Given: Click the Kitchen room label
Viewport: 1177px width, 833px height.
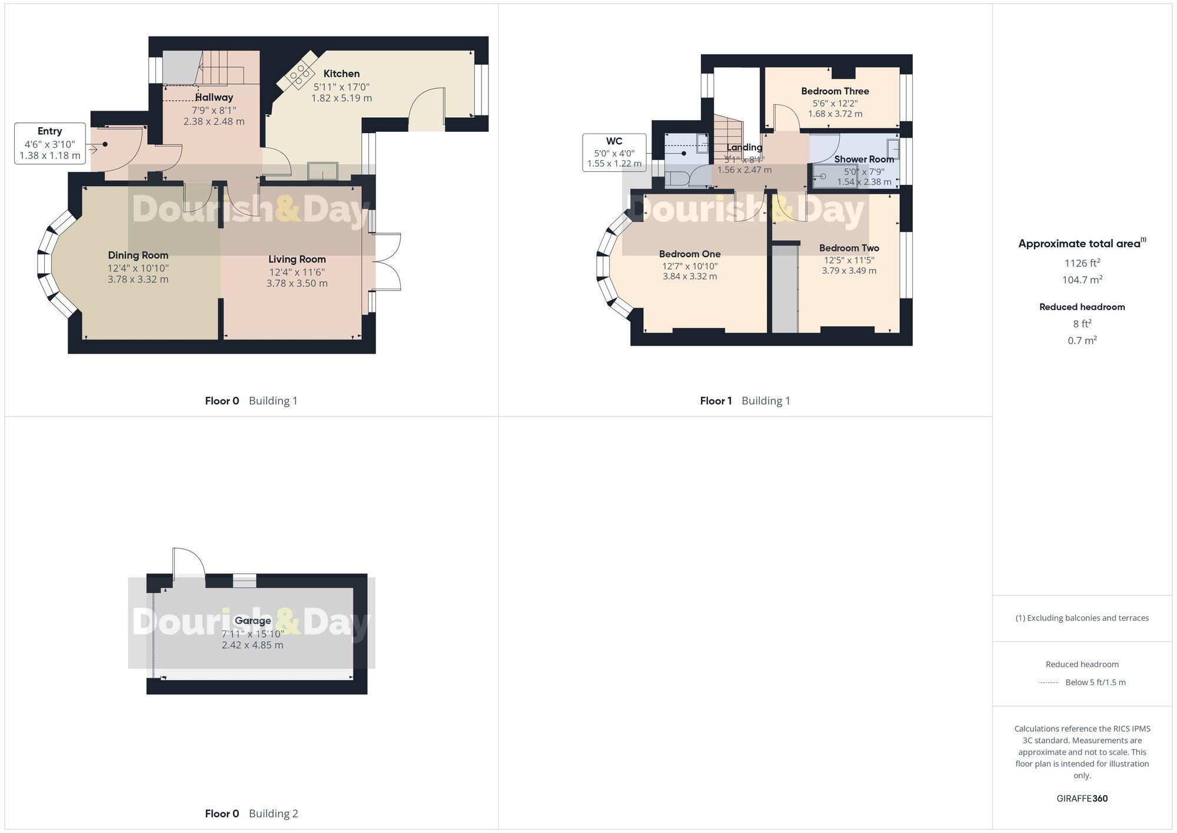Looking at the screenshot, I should click(x=341, y=74).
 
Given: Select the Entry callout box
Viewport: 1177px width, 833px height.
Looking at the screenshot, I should click(x=50, y=143).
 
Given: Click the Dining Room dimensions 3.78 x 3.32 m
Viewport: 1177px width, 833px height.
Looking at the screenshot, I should click(x=138, y=279).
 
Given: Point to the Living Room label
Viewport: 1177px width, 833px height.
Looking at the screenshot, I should click(x=297, y=259).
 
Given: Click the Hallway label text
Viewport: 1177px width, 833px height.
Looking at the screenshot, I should click(x=214, y=97).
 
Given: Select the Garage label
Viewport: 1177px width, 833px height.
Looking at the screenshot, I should click(x=252, y=620).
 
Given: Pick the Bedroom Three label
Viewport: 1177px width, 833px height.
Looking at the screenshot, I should click(x=834, y=91).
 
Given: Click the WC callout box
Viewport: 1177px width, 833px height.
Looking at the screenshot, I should click(x=614, y=152).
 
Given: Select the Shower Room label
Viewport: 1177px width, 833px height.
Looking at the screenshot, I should click(x=863, y=159).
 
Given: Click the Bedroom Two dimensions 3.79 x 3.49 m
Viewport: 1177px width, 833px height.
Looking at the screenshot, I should click(x=849, y=271).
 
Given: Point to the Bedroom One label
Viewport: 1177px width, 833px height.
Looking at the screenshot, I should click(x=689, y=254).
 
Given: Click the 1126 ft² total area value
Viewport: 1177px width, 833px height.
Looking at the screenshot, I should click(x=1082, y=263).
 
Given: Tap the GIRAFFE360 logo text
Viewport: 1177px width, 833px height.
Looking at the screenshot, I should click(x=1082, y=798).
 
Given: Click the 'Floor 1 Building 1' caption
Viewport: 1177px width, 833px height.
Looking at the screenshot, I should click(x=744, y=401).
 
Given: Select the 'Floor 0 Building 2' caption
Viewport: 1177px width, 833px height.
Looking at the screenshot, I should click(x=251, y=814).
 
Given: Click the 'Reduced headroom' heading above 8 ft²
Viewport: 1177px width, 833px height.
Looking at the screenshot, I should click(x=1082, y=307).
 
